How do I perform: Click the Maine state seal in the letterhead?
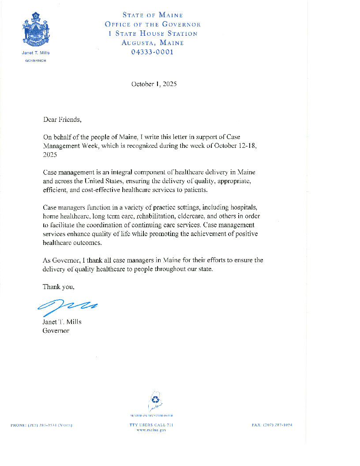point(36,30)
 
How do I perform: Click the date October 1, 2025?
point(154,84)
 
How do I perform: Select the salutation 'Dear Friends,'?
point(62,119)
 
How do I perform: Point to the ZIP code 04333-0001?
point(153,52)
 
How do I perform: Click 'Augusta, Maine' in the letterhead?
point(153,43)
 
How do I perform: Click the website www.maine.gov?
point(151,429)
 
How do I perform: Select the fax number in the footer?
point(272,425)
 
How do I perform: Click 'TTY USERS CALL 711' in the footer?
point(151,425)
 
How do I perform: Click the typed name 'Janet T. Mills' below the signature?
point(62,322)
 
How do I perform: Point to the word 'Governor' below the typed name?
point(56,330)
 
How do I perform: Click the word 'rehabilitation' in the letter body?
point(151,216)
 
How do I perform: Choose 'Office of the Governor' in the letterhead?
point(153,24)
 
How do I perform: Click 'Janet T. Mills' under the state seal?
point(36,53)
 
